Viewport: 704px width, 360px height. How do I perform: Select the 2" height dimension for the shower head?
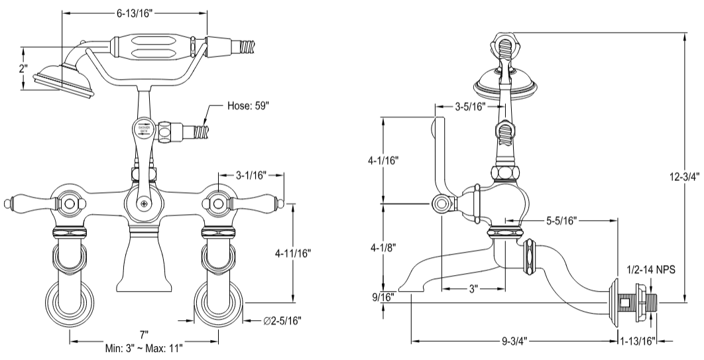pos(23,69)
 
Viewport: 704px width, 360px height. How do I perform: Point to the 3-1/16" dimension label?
pos(251,175)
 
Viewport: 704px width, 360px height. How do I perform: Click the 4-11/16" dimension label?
pos(294,253)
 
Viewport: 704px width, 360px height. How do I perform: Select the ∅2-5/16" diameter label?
pos(282,321)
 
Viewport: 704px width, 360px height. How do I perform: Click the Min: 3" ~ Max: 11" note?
pos(144,347)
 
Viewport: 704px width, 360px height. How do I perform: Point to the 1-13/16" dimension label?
pos(637,341)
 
